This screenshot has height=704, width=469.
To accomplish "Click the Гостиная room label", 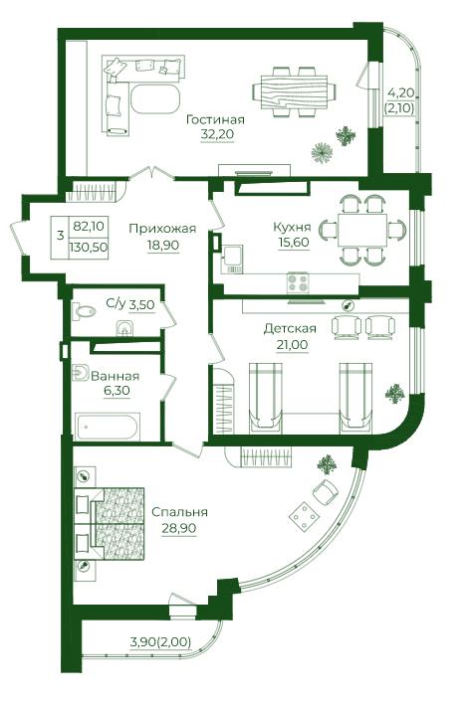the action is point(215,120).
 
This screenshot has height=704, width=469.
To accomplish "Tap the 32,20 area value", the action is point(217,134).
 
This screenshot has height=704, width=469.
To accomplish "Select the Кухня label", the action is point(293,227).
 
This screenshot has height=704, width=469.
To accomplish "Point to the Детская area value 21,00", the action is point(292,345).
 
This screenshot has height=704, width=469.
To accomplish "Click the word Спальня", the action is point(179,512).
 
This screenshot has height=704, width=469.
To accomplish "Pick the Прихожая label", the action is point(162,229).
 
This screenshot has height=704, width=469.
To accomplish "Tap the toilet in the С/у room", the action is point(84,310).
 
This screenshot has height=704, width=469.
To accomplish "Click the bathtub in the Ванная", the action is point(108,427).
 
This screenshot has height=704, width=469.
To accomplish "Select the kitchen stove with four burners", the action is point(298,282).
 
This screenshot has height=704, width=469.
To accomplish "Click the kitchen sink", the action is point(232,260).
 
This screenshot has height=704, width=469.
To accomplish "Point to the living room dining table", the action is point(294,92).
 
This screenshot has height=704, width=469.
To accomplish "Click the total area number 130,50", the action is point(89,248).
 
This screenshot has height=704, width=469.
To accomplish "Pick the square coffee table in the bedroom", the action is point(304,516).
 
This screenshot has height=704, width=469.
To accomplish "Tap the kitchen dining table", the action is point(362,230).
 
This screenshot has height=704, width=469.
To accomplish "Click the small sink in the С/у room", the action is point(123,328).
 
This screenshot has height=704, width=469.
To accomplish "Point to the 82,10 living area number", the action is point(89,226).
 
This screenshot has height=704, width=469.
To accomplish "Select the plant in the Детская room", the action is point(394,394).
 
